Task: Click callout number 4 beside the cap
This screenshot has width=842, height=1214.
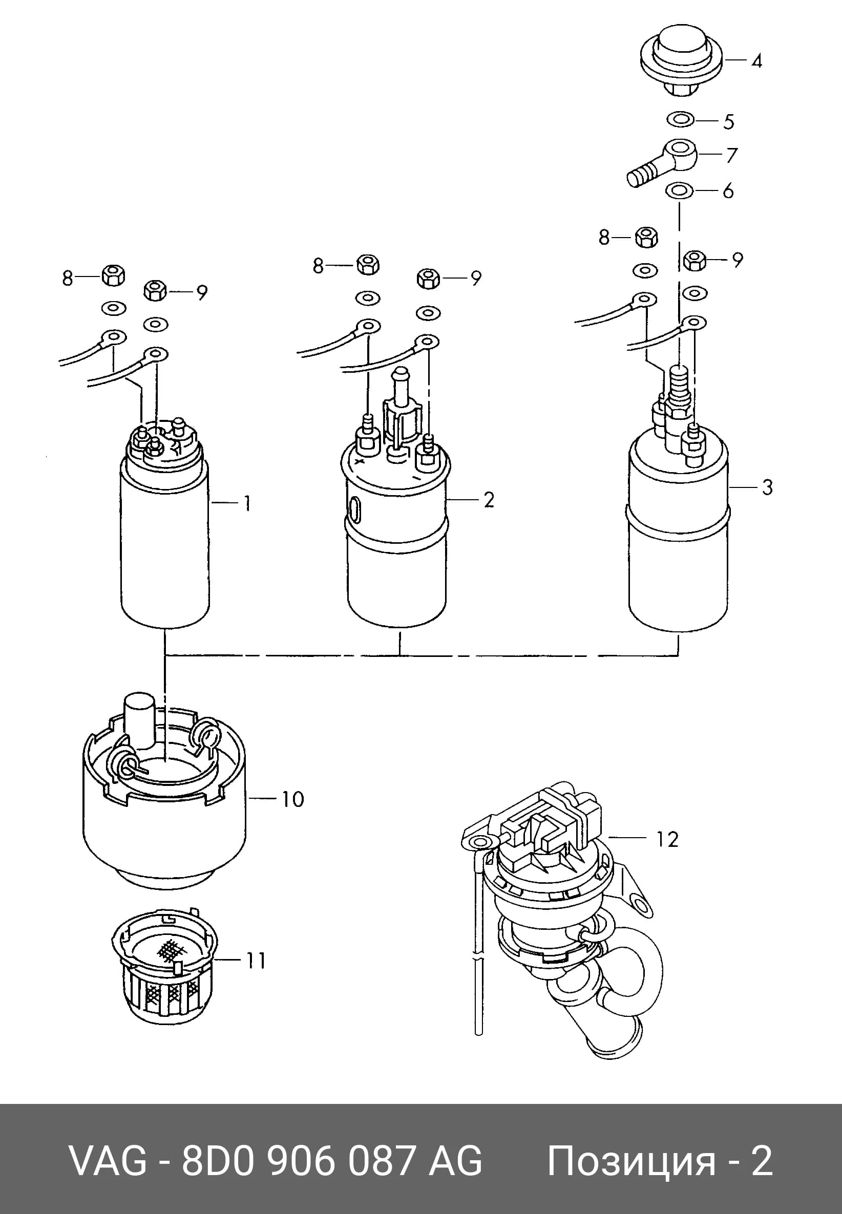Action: (x=756, y=61)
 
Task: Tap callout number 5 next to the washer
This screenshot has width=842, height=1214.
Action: (x=729, y=122)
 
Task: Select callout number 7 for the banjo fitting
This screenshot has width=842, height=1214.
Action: (x=731, y=155)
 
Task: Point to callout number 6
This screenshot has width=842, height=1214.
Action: (x=728, y=191)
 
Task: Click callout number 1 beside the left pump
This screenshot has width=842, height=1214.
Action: (x=247, y=504)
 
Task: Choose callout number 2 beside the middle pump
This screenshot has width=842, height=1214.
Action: (x=489, y=500)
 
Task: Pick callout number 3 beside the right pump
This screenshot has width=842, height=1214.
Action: (x=768, y=487)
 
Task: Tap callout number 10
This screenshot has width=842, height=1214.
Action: (x=293, y=799)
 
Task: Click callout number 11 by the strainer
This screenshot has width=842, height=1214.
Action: (x=256, y=961)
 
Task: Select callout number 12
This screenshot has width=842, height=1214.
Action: (x=667, y=840)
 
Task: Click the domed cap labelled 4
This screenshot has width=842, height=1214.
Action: (x=681, y=62)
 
